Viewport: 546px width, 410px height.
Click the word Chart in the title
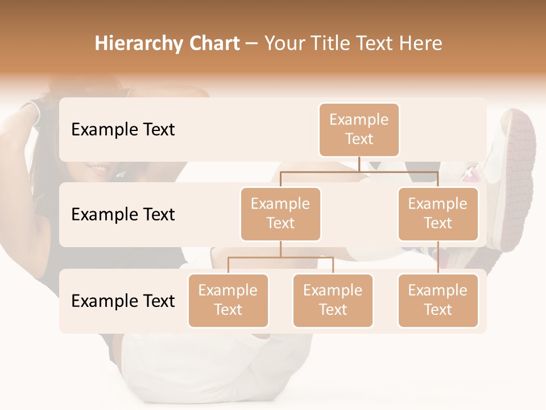coord(212,43)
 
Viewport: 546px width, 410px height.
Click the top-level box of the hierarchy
coord(359,130)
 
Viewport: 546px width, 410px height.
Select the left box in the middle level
coord(280,214)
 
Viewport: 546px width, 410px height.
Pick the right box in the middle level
coord(438,214)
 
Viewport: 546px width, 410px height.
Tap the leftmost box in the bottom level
coord(228,301)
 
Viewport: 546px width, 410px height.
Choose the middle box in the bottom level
coord(333,301)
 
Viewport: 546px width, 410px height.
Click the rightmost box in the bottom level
coord(438,301)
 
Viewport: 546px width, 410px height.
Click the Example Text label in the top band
coord(123,130)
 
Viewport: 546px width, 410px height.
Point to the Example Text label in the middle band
coord(123,215)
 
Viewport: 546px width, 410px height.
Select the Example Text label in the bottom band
coord(123,301)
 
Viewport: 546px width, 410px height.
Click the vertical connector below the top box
coord(359,164)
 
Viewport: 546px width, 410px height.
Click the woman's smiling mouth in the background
coord(98,169)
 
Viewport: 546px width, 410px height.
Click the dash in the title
coord(252,44)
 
